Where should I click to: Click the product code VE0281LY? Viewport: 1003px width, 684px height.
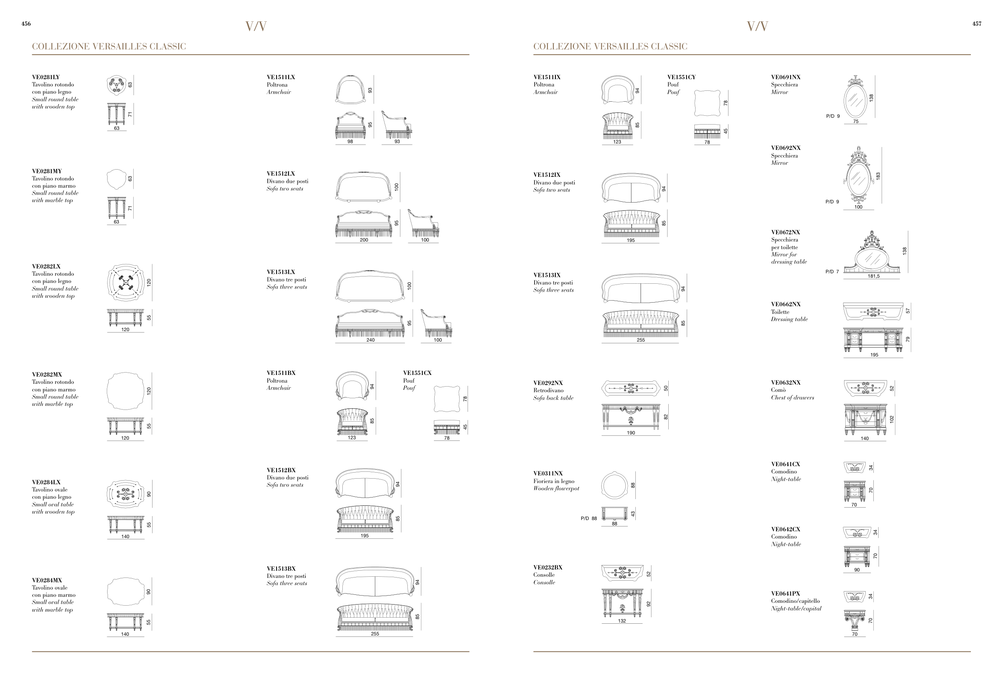tap(46, 77)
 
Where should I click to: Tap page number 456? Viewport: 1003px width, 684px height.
tap(26, 24)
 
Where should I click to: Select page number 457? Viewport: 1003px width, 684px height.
tap(977, 24)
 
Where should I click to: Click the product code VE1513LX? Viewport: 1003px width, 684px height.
tap(281, 272)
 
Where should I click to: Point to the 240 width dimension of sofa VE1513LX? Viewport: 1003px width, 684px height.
tap(370, 340)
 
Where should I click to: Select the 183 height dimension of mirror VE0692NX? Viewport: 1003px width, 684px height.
tap(878, 176)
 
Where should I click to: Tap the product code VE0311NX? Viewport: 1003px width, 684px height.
tap(548, 473)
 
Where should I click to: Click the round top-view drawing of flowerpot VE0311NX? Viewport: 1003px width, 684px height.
tap(614, 485)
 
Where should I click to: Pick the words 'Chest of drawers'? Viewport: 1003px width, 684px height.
tap(792, 397)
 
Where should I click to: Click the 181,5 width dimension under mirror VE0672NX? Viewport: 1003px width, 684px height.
tap(873, 276)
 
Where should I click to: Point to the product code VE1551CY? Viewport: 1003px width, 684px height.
tap(682, 77)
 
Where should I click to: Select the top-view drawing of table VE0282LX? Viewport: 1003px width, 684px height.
tap(125, 283)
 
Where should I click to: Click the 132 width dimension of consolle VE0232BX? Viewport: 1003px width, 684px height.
tap(621, 621)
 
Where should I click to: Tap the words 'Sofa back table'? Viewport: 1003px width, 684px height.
tap(553, 398)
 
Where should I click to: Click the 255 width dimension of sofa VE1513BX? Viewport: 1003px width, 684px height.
tap(374, 634)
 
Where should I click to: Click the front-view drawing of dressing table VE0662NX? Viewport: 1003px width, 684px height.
tap(873, 340)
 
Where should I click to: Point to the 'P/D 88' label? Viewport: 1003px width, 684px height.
tap(589, 518)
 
